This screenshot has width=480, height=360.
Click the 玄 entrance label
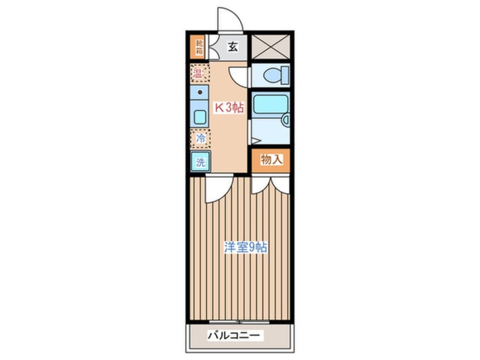coord(233,47)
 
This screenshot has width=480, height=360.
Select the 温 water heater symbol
coord(198,73)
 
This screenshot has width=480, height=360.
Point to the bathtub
coord(269,104)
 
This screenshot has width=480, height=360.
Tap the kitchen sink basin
coord(200,117)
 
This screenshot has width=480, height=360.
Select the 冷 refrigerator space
coord(200,139)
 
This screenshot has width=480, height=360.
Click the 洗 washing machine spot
coord(200,162)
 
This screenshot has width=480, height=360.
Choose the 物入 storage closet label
coord(271,160)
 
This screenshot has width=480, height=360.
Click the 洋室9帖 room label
coord(245,248)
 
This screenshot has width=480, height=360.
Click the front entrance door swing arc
coord(230,19)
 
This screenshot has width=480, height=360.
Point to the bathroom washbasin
coord(287,120)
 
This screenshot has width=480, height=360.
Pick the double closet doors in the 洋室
coord(271,185)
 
